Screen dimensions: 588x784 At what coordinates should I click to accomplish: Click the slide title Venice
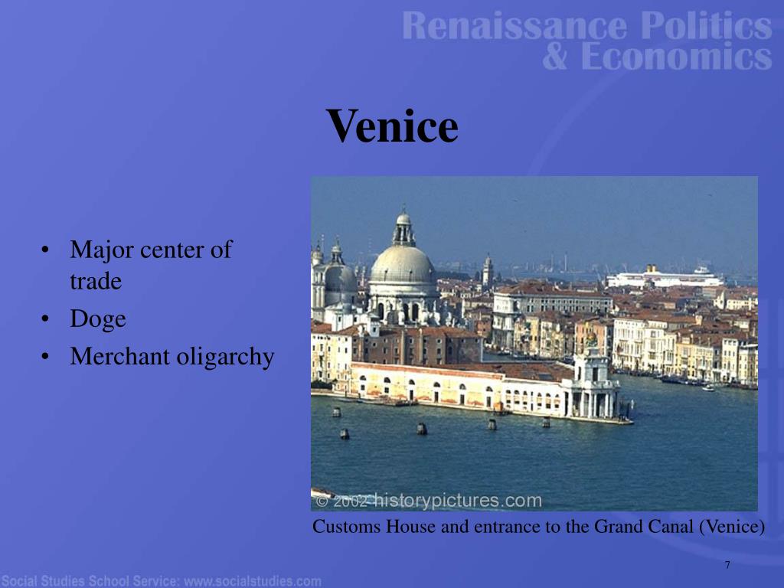[x=392, y=126]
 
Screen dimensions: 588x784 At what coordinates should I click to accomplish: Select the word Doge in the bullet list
[x=98, y=319]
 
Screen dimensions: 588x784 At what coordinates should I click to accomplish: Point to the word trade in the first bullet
[x=96, y=281]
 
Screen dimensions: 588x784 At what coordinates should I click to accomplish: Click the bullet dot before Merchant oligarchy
[x=47, y=357]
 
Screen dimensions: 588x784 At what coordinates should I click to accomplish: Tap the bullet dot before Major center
[x=47, y=250]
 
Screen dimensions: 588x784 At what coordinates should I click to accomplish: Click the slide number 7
[x=727, y=565]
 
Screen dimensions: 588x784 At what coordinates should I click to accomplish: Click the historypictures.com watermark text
[x=457, y=501]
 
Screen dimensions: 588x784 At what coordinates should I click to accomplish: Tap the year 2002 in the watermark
[x=351, y=502]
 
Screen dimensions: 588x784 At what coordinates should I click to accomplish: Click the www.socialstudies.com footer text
[x=253, y=581]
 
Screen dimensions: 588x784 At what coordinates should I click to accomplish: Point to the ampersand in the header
[x=556, y=57]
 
